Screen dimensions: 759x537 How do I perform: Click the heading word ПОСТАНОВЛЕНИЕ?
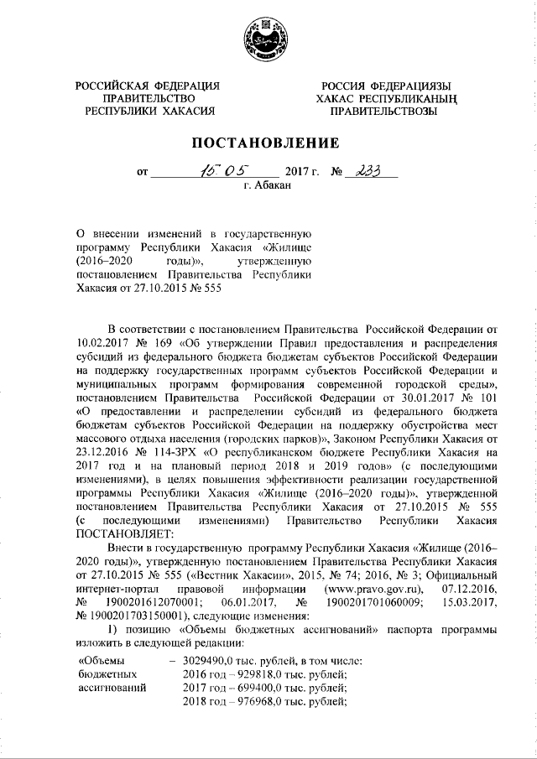[268, 142]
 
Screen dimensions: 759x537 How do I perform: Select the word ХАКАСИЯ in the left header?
[186, 110]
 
